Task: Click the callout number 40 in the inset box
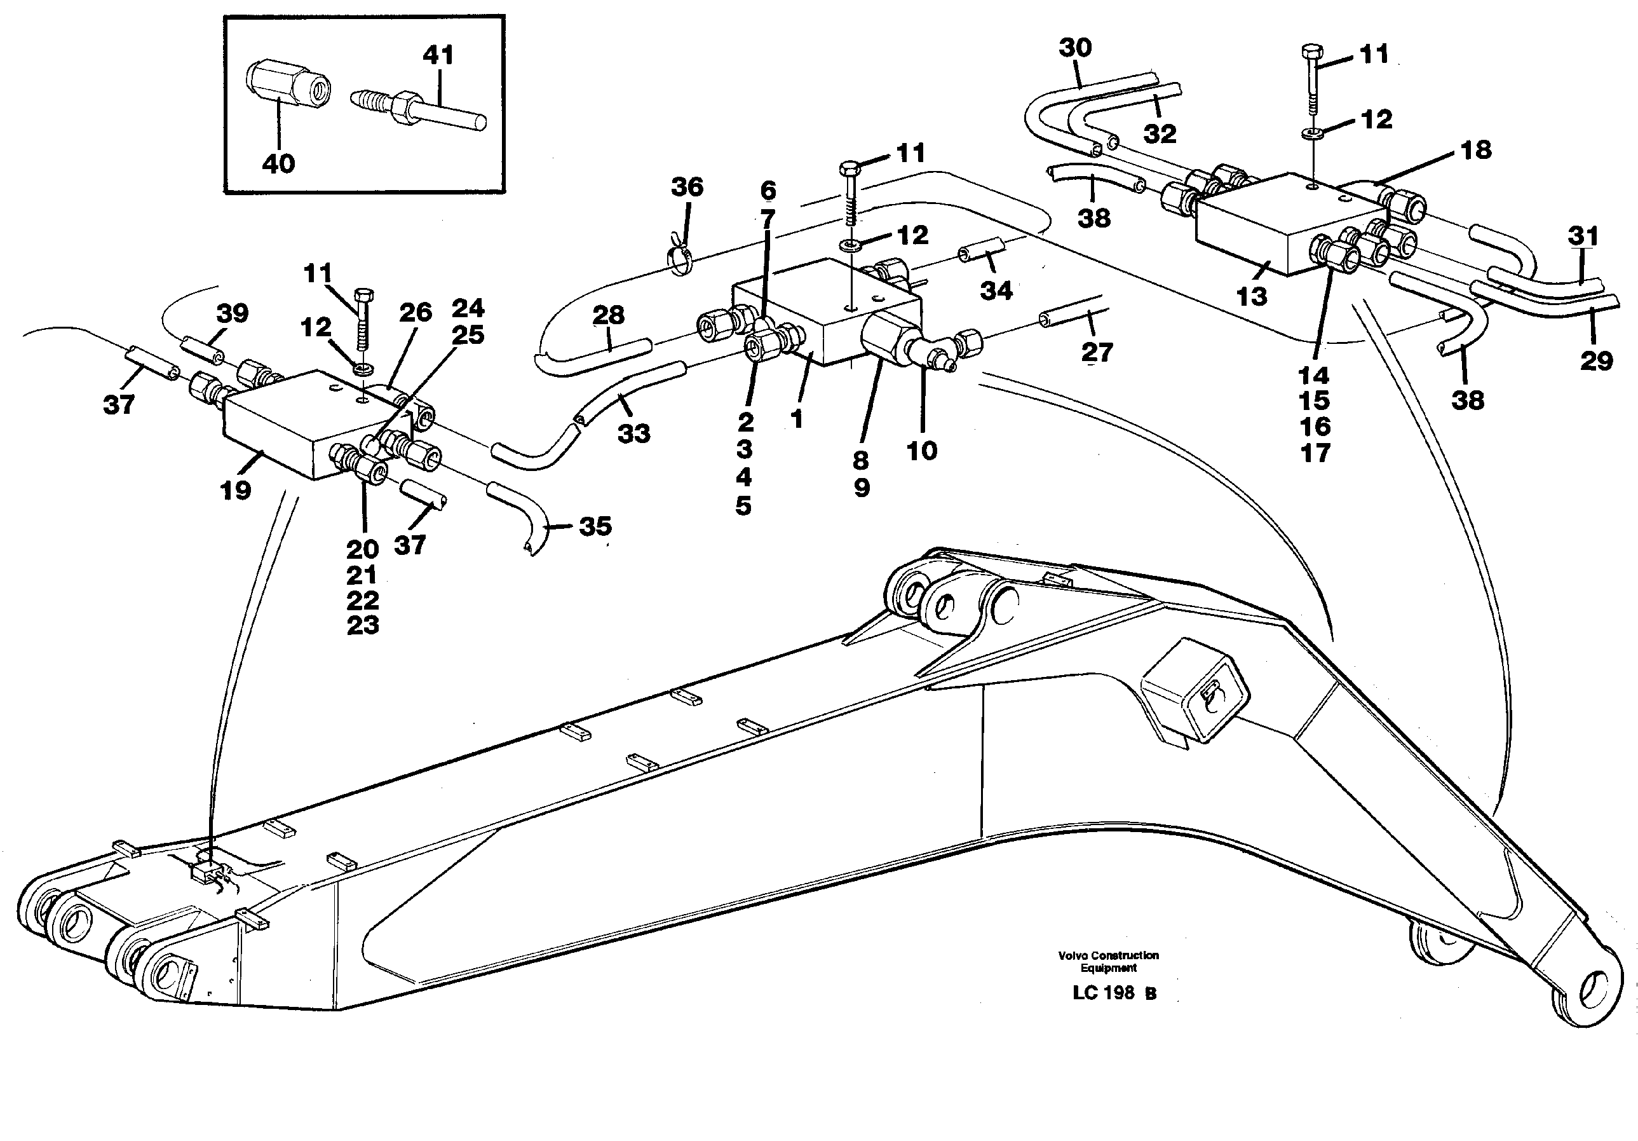click(x=278, y=163)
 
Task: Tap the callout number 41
click(x=437, y=55)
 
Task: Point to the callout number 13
click(x=1250, y=296)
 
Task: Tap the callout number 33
click(x=633, y=433)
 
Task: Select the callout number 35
click(x=595, y=526)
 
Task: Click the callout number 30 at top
click(x=1074, y=48)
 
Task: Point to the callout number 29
click(x=1596, y=360)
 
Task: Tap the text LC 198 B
click(x=1114, y=993)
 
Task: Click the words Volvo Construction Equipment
click(x=1108, y=961)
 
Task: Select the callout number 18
click(x=1475, y=150)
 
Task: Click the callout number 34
click(x=996, y=290)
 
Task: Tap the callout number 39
click(x=232, y=313)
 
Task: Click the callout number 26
click(x=415, y=312)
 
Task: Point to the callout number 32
click(x=1160, y=133)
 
